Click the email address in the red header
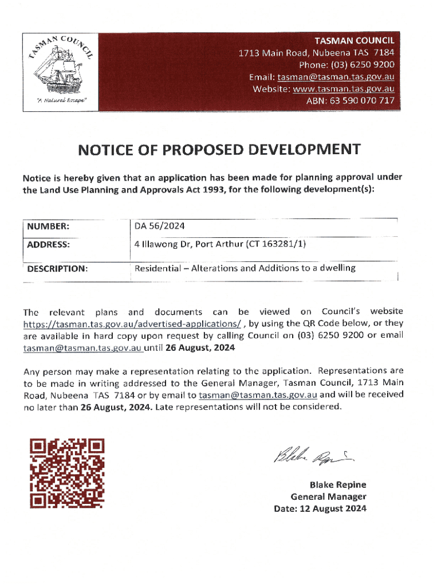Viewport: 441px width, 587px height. click(336, 77)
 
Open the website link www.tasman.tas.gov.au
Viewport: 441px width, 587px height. click(344, 89)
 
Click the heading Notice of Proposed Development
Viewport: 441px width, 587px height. click(219, 151)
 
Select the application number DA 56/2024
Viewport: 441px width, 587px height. click(160, 226)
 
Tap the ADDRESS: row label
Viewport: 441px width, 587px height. click(49, 244)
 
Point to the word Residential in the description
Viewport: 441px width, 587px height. click(157, 268)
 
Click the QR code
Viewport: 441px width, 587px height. click(68, 473)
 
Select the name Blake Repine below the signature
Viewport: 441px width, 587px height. click(338, 484)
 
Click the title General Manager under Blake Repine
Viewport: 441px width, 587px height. click(328, 496)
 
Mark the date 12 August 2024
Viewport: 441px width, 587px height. click(321, 508)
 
